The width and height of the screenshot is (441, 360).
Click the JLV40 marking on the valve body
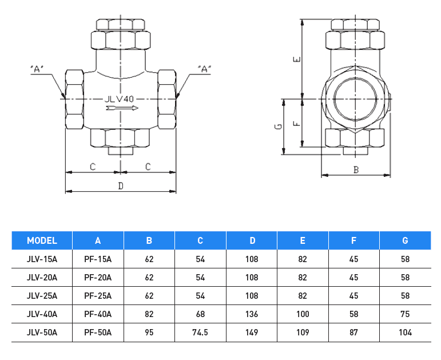click(119, 99)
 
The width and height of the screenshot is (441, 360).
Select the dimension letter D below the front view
click(121, 185)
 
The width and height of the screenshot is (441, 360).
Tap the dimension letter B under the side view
click(355, 169)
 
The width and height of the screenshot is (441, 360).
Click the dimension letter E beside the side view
click(295, 60)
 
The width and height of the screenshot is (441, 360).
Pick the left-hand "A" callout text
click(37, 69)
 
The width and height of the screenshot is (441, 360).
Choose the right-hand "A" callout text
click(204, 69)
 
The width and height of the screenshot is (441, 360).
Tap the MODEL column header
click(42, 240)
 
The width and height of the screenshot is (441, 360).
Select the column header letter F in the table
click(353, 240)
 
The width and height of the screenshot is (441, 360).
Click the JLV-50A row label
click(42, 332)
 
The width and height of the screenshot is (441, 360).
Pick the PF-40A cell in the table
click(98, 314)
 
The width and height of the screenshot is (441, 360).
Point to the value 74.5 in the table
click(200, 332)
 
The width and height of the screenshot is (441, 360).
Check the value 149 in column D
click(252, 332)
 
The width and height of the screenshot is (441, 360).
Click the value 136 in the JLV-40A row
click(252, 314)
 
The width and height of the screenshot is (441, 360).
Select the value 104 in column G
click(405, 332)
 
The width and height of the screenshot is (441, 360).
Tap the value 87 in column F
click(353, 332)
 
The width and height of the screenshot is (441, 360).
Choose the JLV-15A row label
click(42, 259)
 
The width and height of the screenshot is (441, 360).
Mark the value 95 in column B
click(149, 332)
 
